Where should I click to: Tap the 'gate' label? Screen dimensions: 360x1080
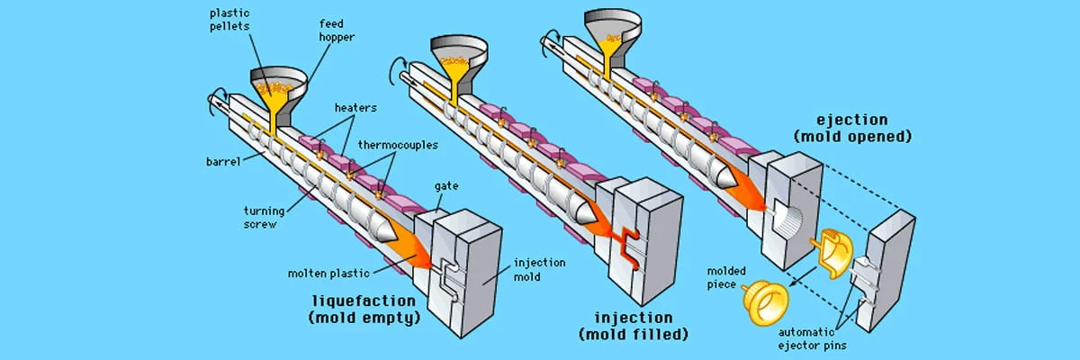click(445, 186)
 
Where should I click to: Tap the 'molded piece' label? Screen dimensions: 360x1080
click(726, 277)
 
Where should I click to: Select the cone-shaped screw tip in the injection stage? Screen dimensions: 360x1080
click(582, 211)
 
